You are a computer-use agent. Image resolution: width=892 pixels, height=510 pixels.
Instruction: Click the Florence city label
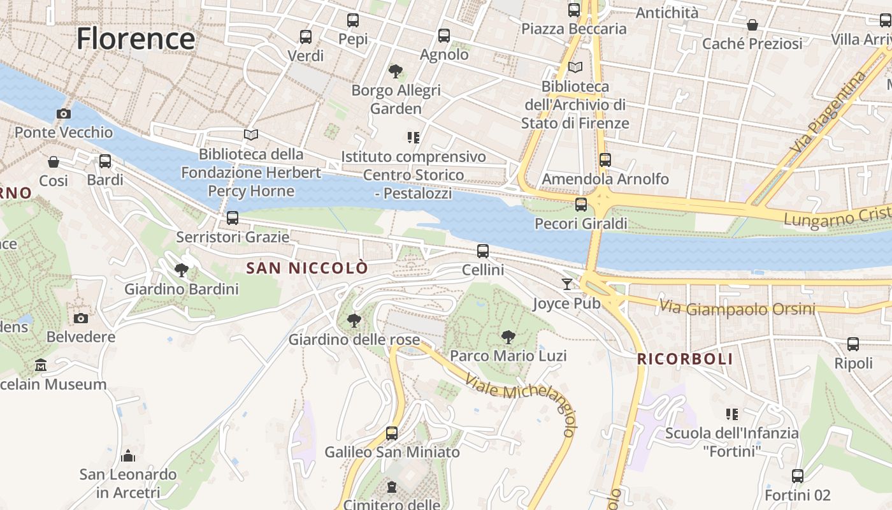click(136, 39)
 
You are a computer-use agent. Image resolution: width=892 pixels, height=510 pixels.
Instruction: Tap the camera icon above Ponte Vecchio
click(64, 113)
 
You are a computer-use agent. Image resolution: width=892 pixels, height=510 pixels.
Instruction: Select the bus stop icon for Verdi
click(306, 37)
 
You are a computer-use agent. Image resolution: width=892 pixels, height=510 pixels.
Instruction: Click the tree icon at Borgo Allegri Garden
click(396, 71)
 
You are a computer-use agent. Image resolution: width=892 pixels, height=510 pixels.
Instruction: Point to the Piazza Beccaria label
click(573, 29)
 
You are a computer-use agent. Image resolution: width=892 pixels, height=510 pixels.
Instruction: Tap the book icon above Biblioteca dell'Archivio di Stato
click(575, 67)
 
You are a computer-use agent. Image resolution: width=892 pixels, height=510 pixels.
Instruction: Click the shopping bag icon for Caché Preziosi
click(752, 25)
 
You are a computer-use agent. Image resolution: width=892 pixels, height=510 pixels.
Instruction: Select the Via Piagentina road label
click(828, 112)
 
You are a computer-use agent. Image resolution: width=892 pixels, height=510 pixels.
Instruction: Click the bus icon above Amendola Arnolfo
click(605, 160)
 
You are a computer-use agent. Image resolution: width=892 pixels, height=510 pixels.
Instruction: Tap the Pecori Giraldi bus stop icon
click(581, 205)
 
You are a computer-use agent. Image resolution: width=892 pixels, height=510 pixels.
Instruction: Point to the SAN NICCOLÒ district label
click(307, 268)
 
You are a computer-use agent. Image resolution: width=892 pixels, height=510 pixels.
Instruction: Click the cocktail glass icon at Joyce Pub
click(567, 284)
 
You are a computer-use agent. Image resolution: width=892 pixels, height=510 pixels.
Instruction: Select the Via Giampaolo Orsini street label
click(737, 309)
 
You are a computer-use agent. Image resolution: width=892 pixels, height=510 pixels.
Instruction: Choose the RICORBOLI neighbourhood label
click(685, 360)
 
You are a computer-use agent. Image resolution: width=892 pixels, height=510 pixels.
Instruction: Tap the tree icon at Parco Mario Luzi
click(508, 337)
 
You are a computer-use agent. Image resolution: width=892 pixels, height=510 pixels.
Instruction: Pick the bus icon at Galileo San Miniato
click(392, 433)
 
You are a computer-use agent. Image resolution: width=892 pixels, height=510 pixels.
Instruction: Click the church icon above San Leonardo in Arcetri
click(128, 456)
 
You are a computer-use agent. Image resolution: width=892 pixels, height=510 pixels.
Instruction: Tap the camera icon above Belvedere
click(81, 318)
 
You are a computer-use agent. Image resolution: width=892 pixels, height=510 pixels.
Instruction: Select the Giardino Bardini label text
click(181, 289)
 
